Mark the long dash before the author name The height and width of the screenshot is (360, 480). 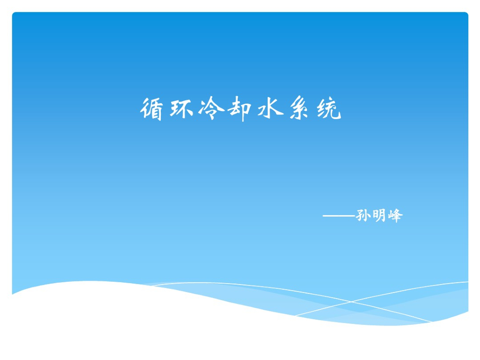click(339, 216)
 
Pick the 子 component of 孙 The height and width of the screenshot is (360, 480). click(360, 216)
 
